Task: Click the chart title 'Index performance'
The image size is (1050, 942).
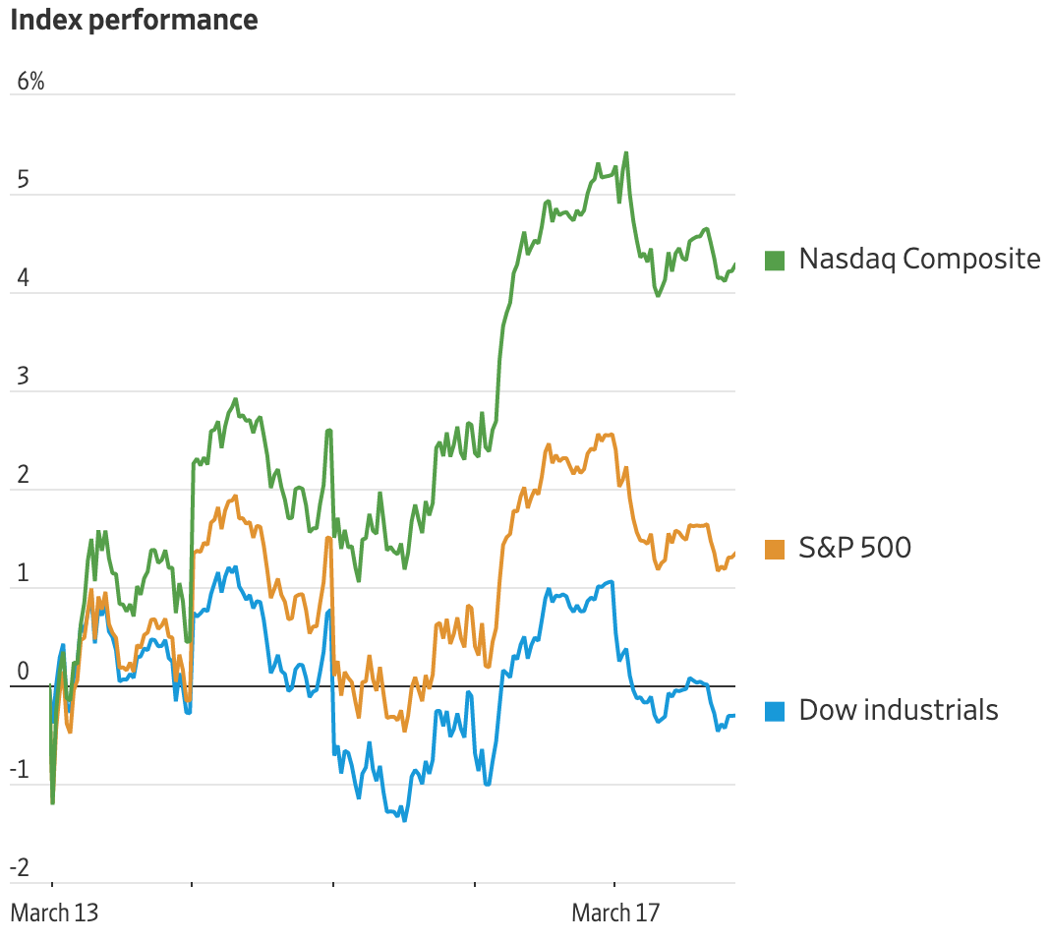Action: [x=134, y=20]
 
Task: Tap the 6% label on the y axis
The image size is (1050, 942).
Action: [x=30, y=82]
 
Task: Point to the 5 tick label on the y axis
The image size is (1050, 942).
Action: [x=24, y=181]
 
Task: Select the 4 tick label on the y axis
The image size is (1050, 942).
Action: [x=24, y=279]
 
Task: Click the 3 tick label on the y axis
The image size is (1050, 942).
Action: [x=24, y=378]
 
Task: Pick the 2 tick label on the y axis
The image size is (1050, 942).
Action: [x=24, y=476]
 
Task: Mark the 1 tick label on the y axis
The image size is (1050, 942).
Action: [x=24, y=574]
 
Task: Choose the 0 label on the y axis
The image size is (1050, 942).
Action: [x=24, y=673]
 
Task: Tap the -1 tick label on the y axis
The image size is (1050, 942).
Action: [x=21, y=771]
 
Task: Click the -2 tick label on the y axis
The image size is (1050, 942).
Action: [x=21, y=869]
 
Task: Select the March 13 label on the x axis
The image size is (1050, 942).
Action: [x=54, y=913]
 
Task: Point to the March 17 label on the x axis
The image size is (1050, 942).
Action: [x=615, y=913]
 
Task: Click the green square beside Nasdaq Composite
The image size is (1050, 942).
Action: [x=775, y=261]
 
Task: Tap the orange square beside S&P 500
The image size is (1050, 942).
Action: [x=775, y=549]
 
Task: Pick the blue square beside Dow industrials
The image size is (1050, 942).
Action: [x=775, y=711]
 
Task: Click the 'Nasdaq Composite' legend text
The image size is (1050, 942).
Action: [x=919, y=259]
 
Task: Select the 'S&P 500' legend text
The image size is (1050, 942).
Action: [x=854, y=548]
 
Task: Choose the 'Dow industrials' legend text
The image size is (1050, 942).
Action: [x=899, y=710]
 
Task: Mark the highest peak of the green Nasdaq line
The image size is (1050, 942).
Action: [x=626, y=153]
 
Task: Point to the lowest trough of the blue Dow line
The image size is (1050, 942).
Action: [x=404, y=820]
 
